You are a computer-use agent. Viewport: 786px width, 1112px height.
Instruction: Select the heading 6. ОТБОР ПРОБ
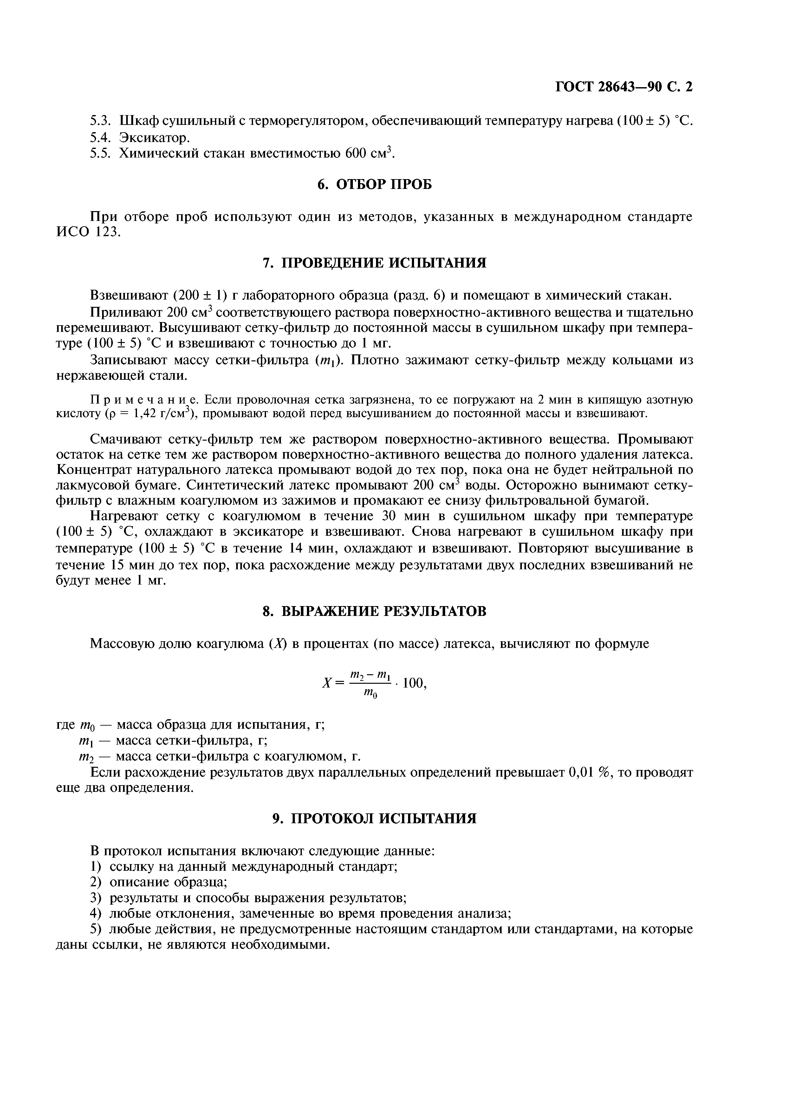pos(374,184)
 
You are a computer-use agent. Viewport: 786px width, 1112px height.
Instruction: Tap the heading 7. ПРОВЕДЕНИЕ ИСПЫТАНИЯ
pos(374,263)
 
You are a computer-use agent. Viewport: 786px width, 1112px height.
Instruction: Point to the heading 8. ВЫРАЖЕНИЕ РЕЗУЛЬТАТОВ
pos(374,611)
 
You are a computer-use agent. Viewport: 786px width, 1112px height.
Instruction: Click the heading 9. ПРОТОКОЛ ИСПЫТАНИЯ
pos(374,818)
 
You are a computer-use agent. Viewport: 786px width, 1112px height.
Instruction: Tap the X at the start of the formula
pos(326,683)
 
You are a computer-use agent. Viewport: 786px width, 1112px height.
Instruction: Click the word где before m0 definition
pos(65,725)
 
